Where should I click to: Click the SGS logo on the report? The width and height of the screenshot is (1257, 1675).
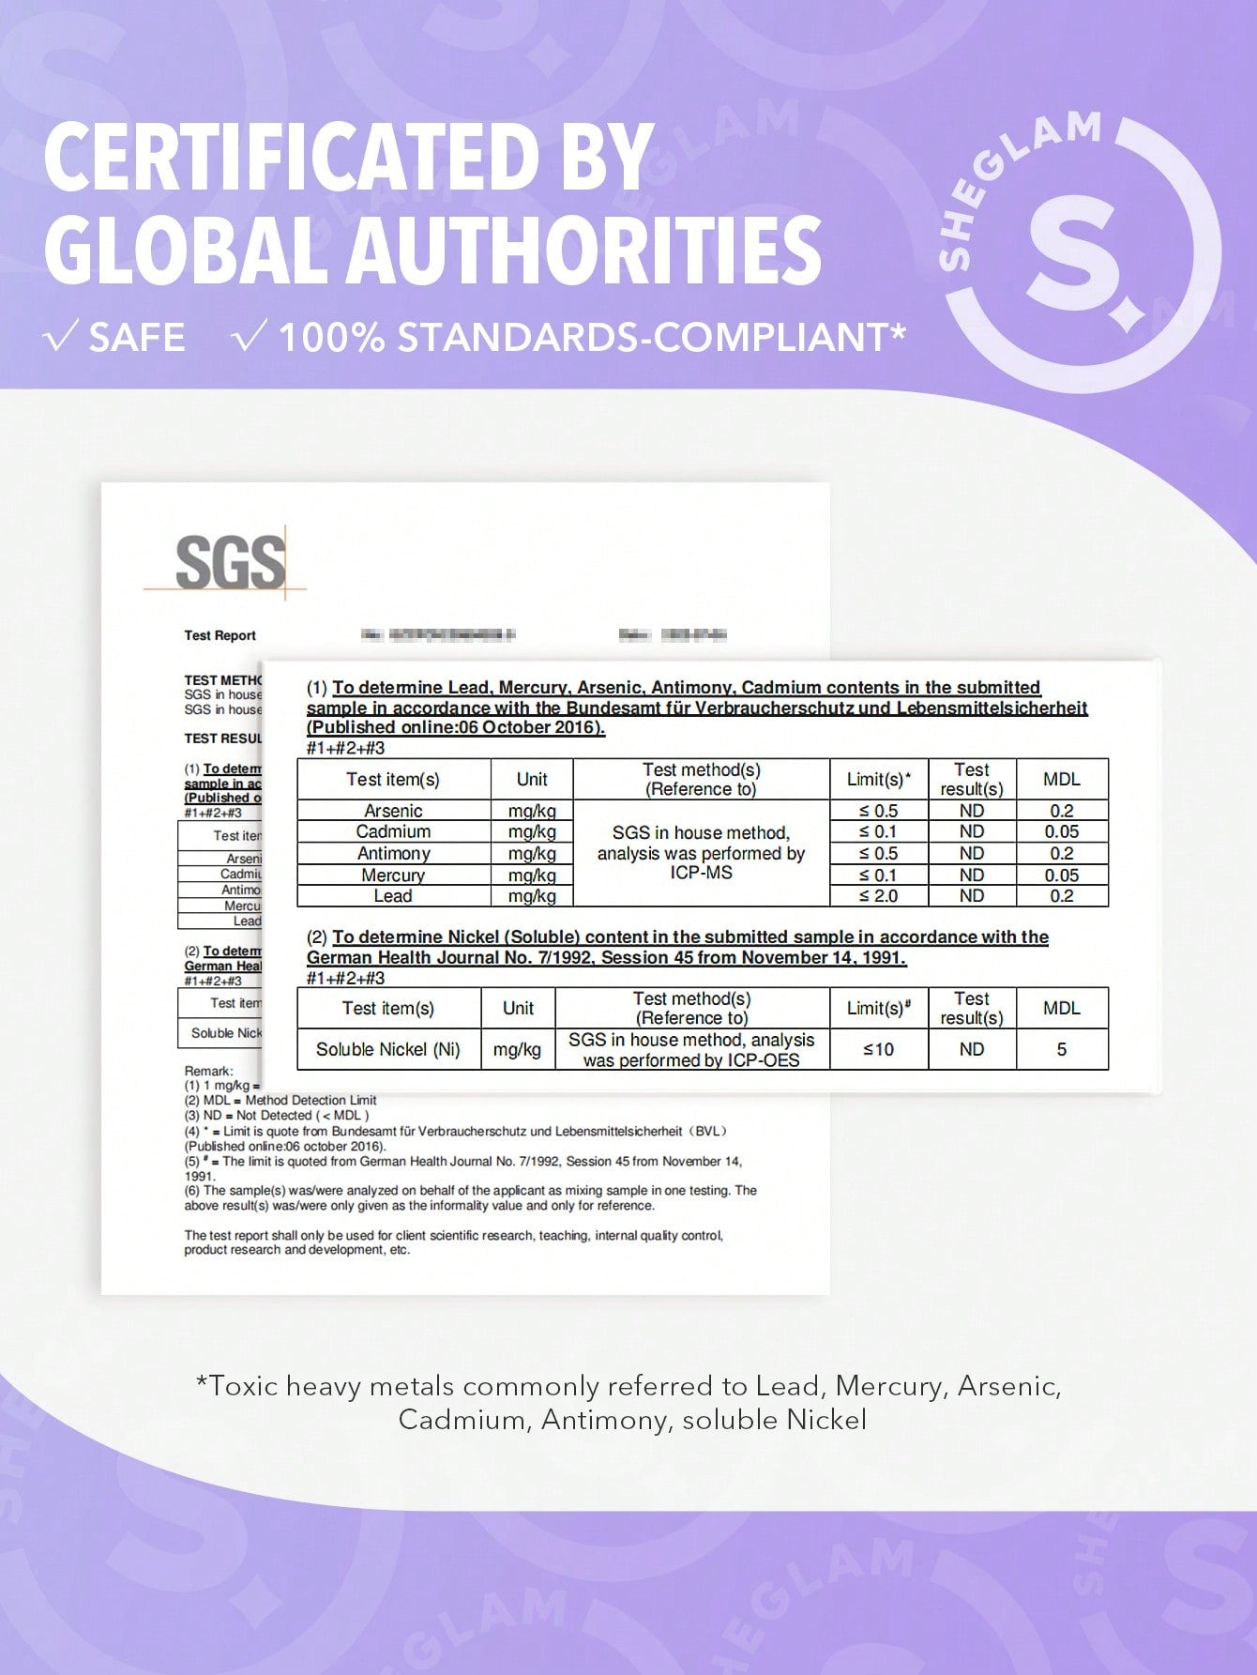pyautogui.click(x=230, y=563)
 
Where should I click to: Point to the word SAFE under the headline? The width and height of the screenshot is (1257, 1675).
pyautogui.click(x=136, y=338)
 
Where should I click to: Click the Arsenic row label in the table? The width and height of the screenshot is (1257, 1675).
pyautogui.click(x=393, y=811)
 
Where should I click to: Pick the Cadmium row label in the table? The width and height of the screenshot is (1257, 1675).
pyautogui.click(x=393, y=831)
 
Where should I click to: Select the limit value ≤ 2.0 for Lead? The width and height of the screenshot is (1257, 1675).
pyautogui.click(x=878, y=896)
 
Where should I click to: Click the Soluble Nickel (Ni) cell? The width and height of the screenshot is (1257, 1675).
pyautogui.click(x=387, y=1049)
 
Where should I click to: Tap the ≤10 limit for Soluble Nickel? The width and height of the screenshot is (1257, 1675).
pyautogui.click(x=878, y=1049)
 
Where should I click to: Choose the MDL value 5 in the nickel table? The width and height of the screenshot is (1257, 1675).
pyautogui.click(x=1061, y=1049)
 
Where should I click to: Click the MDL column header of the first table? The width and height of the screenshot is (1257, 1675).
pyautogui.click(x=1061, y=779)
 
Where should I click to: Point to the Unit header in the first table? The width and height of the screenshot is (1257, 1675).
pyautogui.click(x=532, y=779)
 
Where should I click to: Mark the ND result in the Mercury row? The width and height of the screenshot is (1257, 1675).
pyautogui.click(x=971, y=875)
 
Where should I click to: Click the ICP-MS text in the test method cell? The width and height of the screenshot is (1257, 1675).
pyautogui.click(x=701, y=873)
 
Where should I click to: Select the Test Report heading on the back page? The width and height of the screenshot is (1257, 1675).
pyautogui.click(x=220, y=635)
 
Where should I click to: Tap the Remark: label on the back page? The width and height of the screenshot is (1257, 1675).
pyautogui.click(x=208, y=1071)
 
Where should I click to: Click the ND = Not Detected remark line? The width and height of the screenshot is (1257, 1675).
pyautogui.click(x=277, y=1116)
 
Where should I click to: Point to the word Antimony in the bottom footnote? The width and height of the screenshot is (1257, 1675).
pyautogui.click(x=600, y=1419)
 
